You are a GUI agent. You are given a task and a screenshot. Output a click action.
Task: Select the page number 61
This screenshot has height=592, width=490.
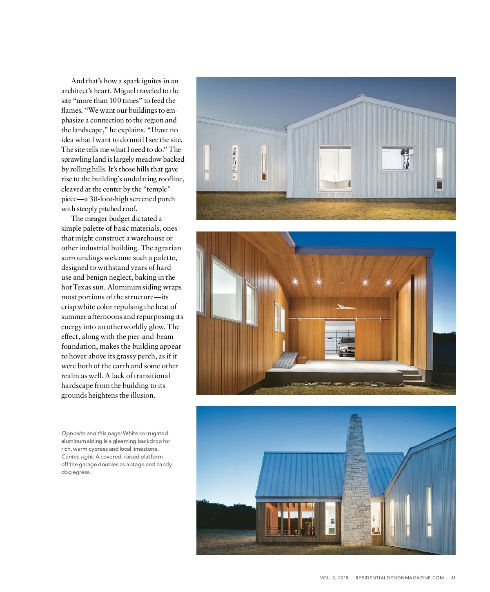[453, 578]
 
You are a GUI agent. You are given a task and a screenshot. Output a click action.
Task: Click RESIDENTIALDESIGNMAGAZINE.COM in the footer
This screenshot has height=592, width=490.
[399, 578]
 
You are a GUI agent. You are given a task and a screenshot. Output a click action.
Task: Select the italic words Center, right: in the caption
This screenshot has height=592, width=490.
[78, 456]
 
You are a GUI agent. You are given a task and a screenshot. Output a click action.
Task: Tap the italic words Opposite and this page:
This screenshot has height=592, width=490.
[91, 433]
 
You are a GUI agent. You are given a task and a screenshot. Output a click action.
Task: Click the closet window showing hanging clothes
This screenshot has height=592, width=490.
[397, 159]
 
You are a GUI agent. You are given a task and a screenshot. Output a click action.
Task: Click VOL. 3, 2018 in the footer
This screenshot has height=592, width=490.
[334, 578]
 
